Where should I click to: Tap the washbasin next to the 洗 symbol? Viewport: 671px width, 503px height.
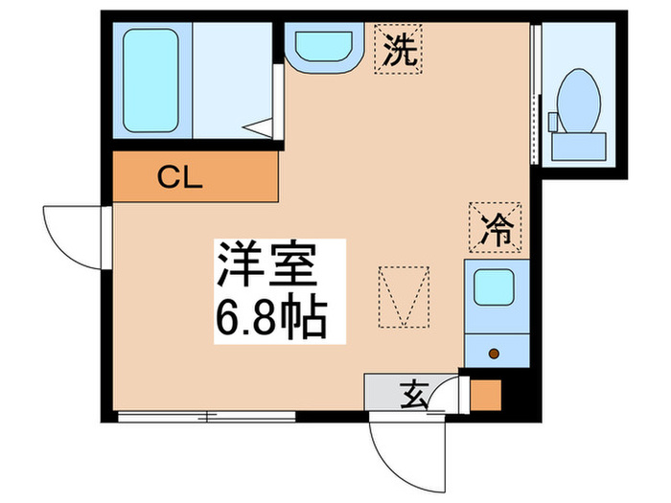point(322,48)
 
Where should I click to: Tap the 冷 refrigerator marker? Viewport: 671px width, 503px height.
point(495,227)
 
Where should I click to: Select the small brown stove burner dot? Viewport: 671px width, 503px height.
point(494,354)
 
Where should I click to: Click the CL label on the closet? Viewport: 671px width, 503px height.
point(180,177)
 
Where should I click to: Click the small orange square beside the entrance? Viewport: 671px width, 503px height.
point(484,395)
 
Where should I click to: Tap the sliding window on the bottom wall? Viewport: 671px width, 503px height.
point(205,416)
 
